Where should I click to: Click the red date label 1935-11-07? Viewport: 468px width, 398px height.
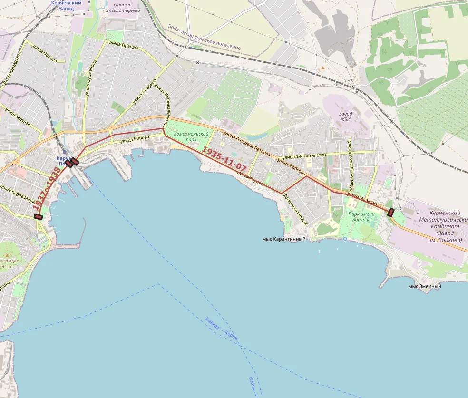click(224, 159)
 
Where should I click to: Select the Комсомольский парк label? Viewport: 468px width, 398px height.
click(192, 137)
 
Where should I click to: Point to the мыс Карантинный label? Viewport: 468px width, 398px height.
click(283, 239)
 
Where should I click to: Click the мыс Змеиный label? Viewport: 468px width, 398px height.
click(425, 286)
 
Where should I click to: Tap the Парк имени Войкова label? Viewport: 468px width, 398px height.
click(361, 217)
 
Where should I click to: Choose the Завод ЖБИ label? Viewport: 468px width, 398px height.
click(345, 116)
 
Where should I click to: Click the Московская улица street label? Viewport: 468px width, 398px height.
click(295, 209)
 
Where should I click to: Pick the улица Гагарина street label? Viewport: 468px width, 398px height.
click(145, 91)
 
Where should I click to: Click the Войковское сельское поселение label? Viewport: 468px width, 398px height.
click(205, 38)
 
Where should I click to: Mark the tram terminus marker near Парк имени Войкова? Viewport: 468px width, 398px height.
click(391, 212)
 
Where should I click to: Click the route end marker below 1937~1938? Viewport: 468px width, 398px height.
click(39, 217)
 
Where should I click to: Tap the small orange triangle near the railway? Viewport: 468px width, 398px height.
click(323, 68)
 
